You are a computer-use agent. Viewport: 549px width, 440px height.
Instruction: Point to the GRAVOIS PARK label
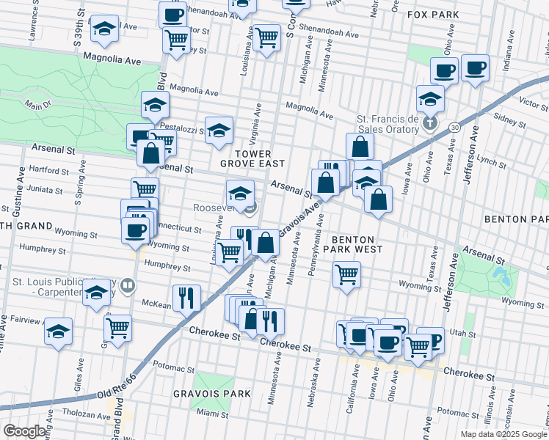pyautogui.click(x=211, y=394)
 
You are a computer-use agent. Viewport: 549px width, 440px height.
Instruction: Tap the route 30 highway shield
pyautogui.click(x=456, y=128)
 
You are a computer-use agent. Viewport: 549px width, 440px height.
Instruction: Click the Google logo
pyautogui.click(x=24, y=431)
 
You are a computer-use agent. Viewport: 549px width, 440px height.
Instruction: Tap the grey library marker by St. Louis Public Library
pyautogui.click(x=128, y=285)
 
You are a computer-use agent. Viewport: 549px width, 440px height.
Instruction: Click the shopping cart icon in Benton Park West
pyautogui.click(x=346, y=275)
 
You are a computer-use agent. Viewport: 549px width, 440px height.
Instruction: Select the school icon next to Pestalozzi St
pyautogui.click(x=219, y=130)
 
